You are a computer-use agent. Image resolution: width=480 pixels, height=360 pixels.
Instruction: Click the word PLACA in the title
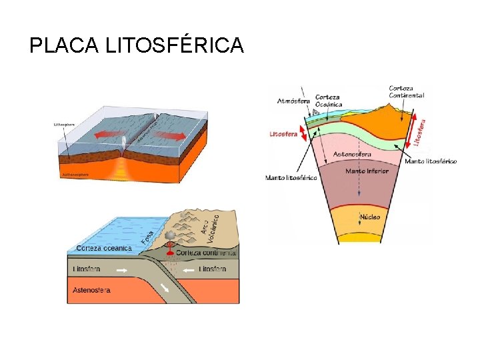pyautogui.click(x=63, y=45)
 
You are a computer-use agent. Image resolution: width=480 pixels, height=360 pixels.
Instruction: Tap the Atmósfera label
pyautogui.click(x=293, y=101)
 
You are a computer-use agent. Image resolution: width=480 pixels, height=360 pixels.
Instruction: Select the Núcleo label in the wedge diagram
pyautogui.click(x=370, y=217)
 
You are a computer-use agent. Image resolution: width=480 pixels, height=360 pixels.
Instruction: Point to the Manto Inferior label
pyautogui.click(x=367, y=171)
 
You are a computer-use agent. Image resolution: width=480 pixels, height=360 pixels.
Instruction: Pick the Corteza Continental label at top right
pyautogui.click(x=407, y=91)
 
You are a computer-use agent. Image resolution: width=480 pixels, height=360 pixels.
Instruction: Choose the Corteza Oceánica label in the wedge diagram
pyautogui.click(x=329, y=100)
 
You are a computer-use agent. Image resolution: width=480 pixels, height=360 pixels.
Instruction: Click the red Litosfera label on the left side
pyautogui.click(x=283, y=133)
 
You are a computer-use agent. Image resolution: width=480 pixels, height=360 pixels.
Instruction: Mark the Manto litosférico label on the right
pyautogui.click(x=431, y=161)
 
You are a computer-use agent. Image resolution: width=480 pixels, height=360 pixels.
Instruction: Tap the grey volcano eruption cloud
pyautogui.click(x=171, y=236)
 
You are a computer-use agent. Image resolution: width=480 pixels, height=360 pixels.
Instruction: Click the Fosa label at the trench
pyautogui.click(x=148, y=237)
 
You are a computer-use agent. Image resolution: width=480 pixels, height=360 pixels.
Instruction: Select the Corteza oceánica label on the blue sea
pyautogui.click(x=104, y=248)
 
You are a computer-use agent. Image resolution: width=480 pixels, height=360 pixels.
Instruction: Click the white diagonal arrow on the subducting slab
pyautogui.click(x=165, y=288)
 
